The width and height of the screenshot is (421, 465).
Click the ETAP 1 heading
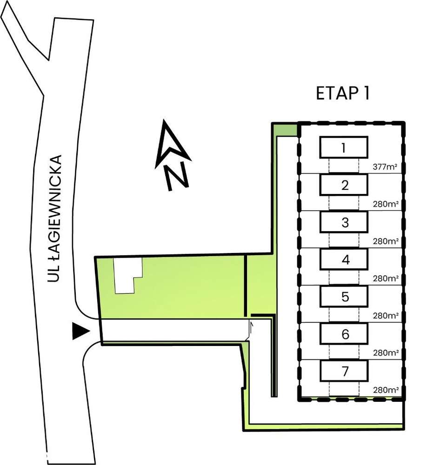(x=342, y=93)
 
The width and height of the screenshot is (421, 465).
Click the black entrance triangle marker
(x=80, y=331)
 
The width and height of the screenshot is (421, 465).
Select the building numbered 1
(x=344, y=148)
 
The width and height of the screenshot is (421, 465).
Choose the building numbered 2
(x=344, y=185)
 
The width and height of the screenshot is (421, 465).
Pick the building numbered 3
(x=344, y=222)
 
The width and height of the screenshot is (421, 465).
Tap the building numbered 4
(x=344, y=259)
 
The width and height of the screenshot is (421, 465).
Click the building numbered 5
(x=344, y=297)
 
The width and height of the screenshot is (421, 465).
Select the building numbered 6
(x=344, y=334)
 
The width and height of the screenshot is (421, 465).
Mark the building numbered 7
(x=344, y=371)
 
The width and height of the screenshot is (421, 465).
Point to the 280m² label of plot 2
(x=386, y=204)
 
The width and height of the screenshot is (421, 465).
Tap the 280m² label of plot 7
(x=386, y=390)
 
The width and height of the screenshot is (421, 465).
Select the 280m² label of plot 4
(x=386, y=278)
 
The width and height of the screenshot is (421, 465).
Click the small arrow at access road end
(x=252, y=327)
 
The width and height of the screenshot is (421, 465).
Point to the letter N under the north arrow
(x=178, y=177)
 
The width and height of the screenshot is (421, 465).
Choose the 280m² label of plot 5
(x=386, y=315)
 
